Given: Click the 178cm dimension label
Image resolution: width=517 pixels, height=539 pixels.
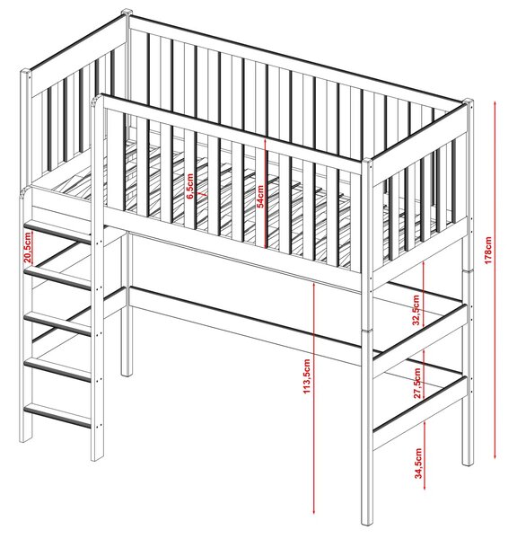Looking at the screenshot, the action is pos(487,251).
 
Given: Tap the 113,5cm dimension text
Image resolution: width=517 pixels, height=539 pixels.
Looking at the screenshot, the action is pos(307,376).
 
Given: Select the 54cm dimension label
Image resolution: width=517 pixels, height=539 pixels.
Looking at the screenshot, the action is pos(260,196).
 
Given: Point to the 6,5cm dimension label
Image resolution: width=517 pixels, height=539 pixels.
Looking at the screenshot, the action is pos(190,186).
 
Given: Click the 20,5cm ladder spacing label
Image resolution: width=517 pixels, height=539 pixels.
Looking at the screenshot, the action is pos(28,247).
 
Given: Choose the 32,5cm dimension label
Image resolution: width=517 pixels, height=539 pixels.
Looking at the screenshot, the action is pos(416,310).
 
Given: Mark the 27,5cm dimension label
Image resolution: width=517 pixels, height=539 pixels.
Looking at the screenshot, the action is pos(416,383).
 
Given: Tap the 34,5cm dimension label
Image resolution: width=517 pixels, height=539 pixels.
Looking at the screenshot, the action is pos(417,463).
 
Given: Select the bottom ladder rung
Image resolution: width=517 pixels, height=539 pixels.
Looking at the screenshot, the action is pos(57,415).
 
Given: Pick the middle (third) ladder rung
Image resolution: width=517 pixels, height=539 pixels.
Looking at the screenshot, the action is pos(57,323).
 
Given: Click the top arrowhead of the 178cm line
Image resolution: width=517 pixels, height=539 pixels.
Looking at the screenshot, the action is pos(495,103).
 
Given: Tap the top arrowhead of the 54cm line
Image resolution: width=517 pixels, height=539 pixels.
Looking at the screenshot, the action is pos(265,141).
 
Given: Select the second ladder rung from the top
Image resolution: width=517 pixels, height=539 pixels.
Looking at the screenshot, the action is pos(57,276).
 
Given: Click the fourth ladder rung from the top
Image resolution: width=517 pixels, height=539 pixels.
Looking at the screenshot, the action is pos(57,369).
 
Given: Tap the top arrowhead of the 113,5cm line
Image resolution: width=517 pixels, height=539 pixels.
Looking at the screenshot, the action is pos(313,285).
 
